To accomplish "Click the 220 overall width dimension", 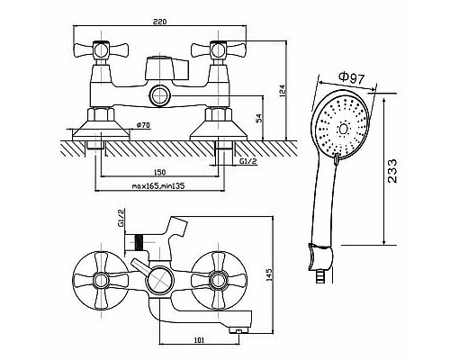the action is pyautogui.click(x=159, y=22).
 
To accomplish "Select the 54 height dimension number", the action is pyautogui.click(x=259, y=118).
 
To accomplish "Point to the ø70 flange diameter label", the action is pyautogui.click(x=143, y=125).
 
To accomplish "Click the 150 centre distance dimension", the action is pyautogui.click(x=159, y=172).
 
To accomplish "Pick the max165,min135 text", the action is pyautogui.click(x=158, y=186).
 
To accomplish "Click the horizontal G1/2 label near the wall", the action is pyautogui.click(x=248, y=161).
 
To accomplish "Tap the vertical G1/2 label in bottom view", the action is pyautogui.click(x=121, y=219).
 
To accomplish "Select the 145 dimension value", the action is pyautogui.click(x=269, y=274).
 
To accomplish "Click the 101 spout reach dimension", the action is pyautogui.click(x=200, y=340).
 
